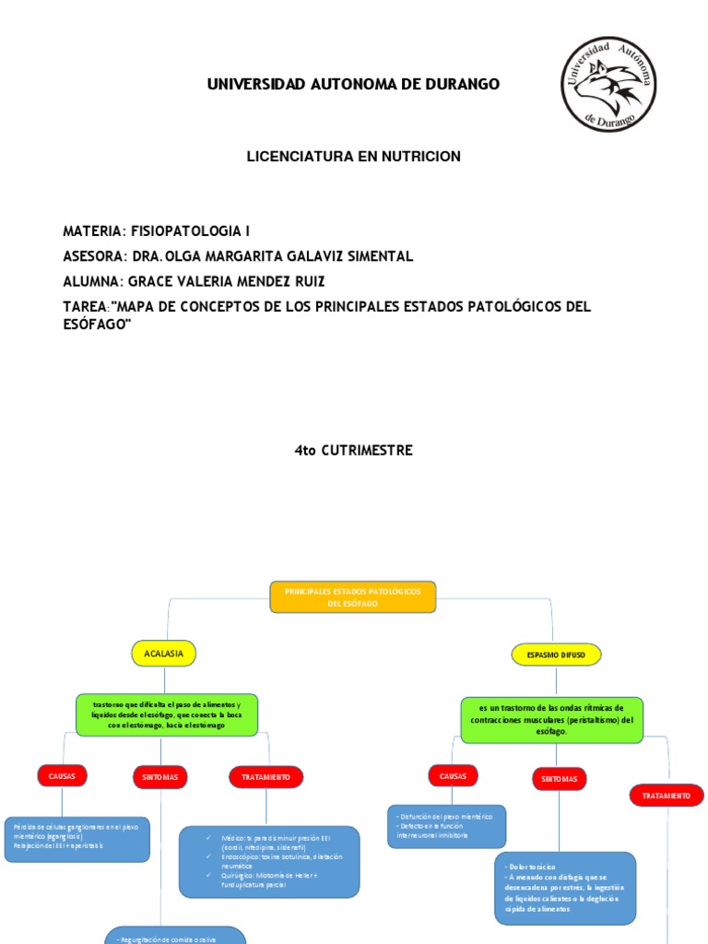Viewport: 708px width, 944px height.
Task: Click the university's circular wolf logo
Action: point(609,85)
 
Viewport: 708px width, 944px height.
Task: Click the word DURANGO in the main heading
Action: point(456,85)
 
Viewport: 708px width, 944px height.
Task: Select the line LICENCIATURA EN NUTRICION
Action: point(353,158)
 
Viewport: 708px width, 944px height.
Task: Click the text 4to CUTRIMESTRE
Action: point(353,451)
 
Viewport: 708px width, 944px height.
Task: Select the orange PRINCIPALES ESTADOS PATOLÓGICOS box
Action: point(352,596)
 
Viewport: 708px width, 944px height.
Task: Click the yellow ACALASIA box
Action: point(164,654)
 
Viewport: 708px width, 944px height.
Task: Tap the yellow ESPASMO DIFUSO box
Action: point(556,655)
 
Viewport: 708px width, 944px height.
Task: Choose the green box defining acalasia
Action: point(166,714)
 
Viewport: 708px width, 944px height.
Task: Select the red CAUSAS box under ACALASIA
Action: point(63,777)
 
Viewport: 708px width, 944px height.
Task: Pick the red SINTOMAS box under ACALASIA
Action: point(160,778)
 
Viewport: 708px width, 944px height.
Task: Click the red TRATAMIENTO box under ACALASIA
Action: point(265,777)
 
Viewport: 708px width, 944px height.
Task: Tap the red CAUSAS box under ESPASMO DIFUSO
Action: point(453,777)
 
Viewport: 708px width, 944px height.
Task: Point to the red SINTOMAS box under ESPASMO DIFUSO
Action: point(560,779)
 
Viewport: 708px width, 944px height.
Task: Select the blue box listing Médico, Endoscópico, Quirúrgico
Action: point(269,862)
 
